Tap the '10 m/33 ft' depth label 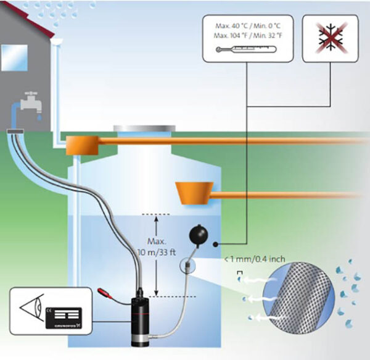click(157, 253)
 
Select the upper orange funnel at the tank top click(87, 143)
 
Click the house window click(12, 57)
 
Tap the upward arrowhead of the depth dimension click(157, 218)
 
